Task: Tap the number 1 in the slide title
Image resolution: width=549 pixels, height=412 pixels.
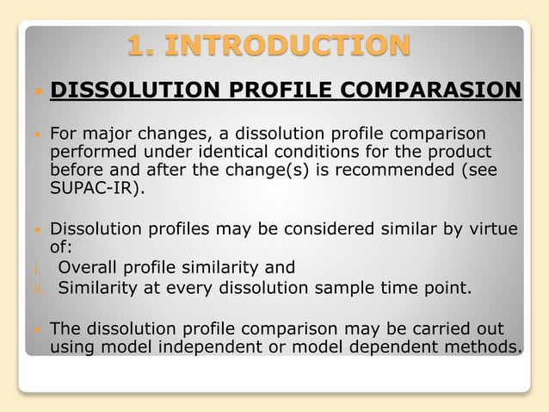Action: (139, 45)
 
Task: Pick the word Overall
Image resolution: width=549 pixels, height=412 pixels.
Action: (89, 267)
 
